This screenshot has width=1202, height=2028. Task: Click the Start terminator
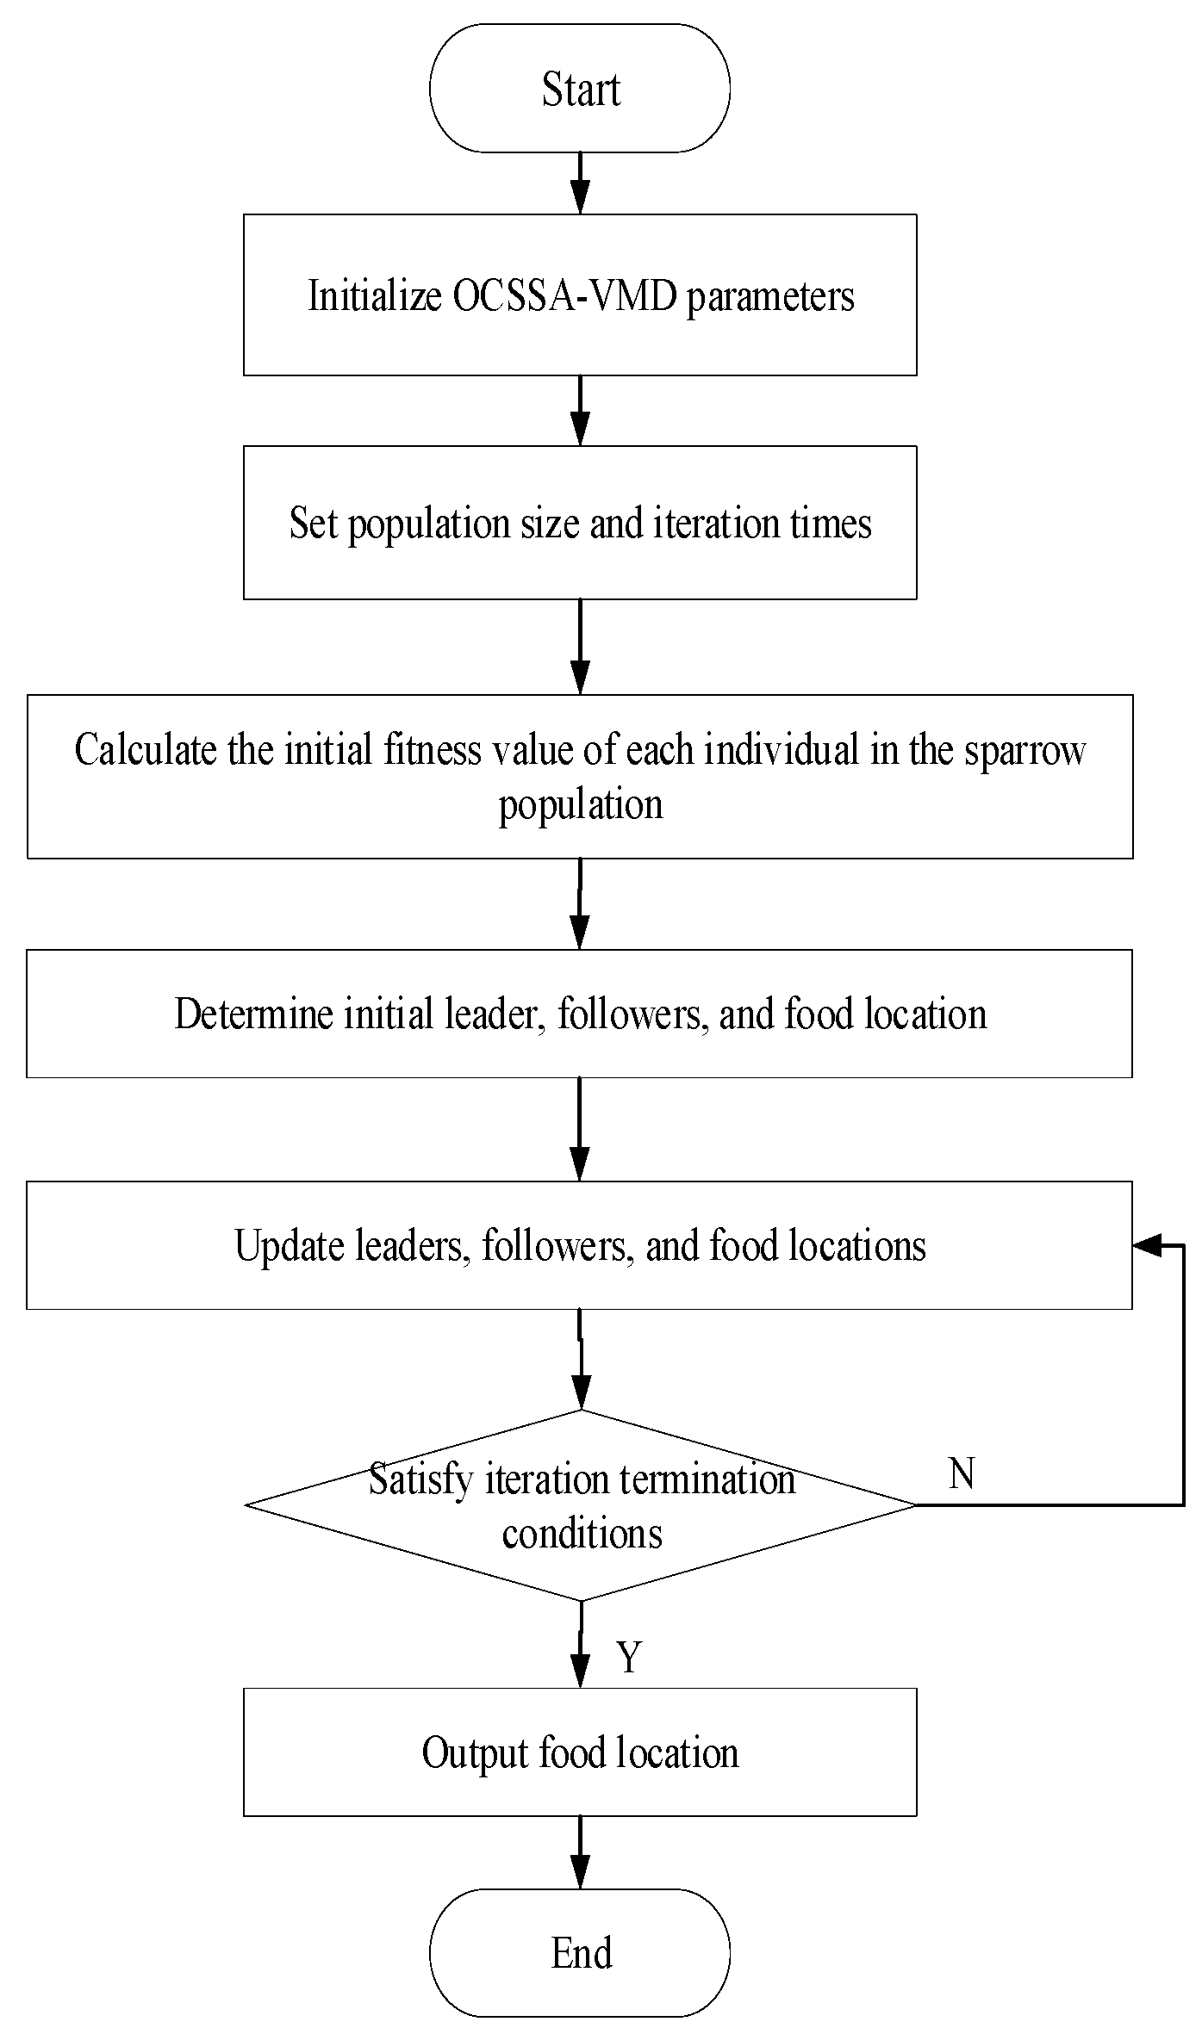580,89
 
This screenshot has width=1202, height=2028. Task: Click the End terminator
580,1952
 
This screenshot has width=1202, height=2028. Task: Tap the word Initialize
374,296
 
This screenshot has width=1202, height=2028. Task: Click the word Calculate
146,750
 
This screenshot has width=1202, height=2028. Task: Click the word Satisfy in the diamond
421,1480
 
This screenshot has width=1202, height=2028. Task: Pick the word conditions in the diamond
582,1534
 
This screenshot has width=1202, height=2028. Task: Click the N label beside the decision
962,1474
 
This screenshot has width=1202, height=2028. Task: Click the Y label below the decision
629,1656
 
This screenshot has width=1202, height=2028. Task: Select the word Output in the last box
474,1753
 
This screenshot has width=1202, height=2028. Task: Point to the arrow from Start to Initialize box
581,183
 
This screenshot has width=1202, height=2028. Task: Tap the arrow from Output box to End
581,1851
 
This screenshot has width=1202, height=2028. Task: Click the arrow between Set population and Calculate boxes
581,646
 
